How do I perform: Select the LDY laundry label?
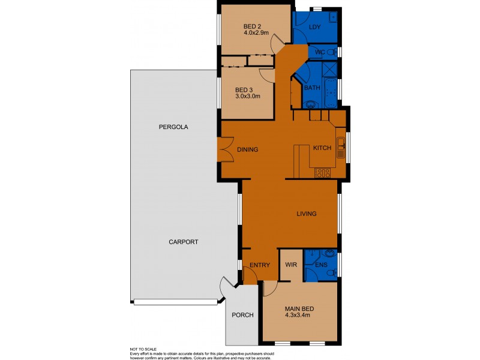click(314, 28)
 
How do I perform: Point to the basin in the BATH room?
click(310, 104)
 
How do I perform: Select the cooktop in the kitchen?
click(323, 173)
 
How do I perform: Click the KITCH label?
click(323, 148)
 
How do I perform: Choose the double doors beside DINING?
click(226, 149)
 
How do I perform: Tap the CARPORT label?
click(183, 242)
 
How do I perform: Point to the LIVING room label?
click(306, 214)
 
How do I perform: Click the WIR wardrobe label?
click(292, 264)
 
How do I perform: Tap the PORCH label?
click(242, 316)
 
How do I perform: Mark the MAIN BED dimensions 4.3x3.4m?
click(298, 317)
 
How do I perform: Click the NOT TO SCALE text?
click(143, 349)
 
